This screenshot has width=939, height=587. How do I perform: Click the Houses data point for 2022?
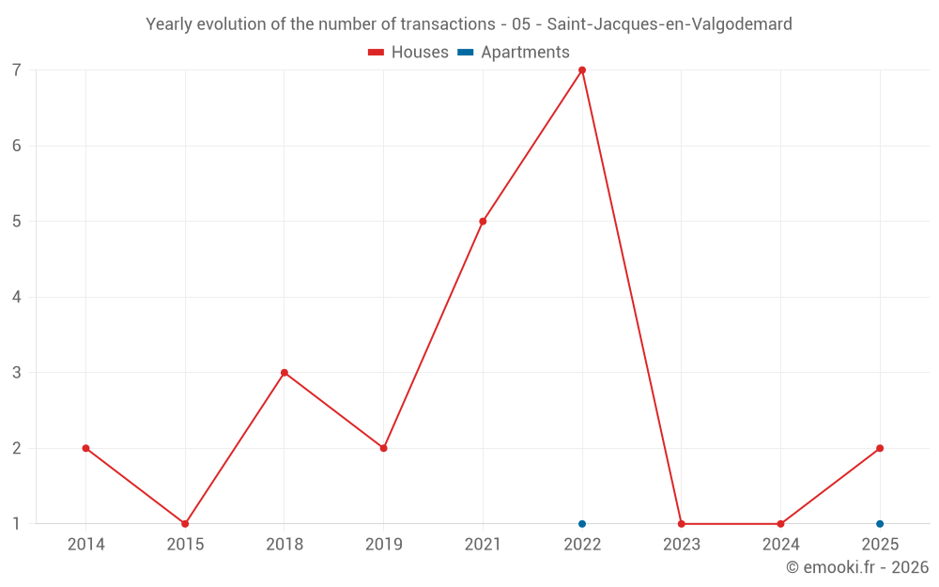[x=582, y=70]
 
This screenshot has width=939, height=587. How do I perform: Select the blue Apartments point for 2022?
[x=582, y=524]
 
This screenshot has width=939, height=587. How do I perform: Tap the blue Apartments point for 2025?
[x=880, y=524]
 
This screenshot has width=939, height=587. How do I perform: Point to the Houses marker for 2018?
[x=285, y=373]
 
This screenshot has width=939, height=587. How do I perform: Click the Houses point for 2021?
[x=483, y=222]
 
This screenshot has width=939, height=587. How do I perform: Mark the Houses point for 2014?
[x=85, y=448]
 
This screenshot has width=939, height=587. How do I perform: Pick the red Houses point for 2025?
[x=880, y=448]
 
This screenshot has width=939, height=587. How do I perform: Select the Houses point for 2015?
[x=185, y=524]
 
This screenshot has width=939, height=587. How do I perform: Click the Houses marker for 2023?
[x=682, y=524]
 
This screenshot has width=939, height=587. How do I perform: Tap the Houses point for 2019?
[x=384, y=448]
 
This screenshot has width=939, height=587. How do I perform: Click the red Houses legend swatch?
[x=377, y=53]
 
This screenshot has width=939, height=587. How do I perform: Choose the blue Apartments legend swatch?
[x=466, y=53]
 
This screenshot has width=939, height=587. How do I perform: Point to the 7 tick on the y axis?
[x=16, y=70]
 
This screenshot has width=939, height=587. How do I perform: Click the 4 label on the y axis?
[x=16, y=297]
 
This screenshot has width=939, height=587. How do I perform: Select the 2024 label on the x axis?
[x=781, y=544]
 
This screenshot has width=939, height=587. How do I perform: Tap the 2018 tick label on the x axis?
[x=285, y=544]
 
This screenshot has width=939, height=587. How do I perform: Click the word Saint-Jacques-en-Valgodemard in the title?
[x=670, y=24]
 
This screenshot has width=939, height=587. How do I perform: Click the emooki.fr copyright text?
[x=857, y=566]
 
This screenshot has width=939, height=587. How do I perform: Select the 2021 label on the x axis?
[x=483, y=544]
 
